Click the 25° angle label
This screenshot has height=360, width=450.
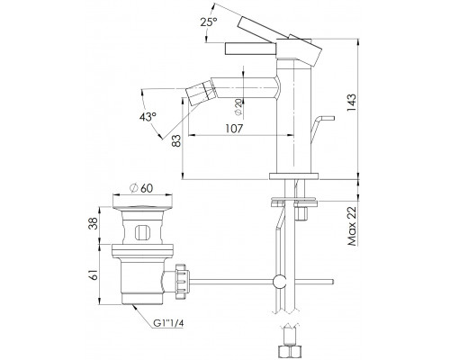pyautogui.click(x=209, y=22)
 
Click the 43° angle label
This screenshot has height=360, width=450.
pyautogui.click(x=148, y=117)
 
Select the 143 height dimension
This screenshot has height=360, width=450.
pyautogui.click(x=352, y=103)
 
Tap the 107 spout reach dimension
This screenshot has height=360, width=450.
pyautogui.click(x=234, y=129)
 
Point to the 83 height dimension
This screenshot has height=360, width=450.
pyautogui.click(x=176, y=140)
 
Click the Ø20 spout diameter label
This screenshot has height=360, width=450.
pyautogui.click(x=238, y=107)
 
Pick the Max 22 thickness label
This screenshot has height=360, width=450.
pyautogui.click(x=352, y=226)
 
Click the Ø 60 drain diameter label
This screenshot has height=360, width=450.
pyautogui.click(x=141, y=188)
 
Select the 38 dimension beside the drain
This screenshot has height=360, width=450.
pyautogui.click(x=94, y=223)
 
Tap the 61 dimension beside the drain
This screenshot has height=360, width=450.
pyautogui.click(x=94, y=274)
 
